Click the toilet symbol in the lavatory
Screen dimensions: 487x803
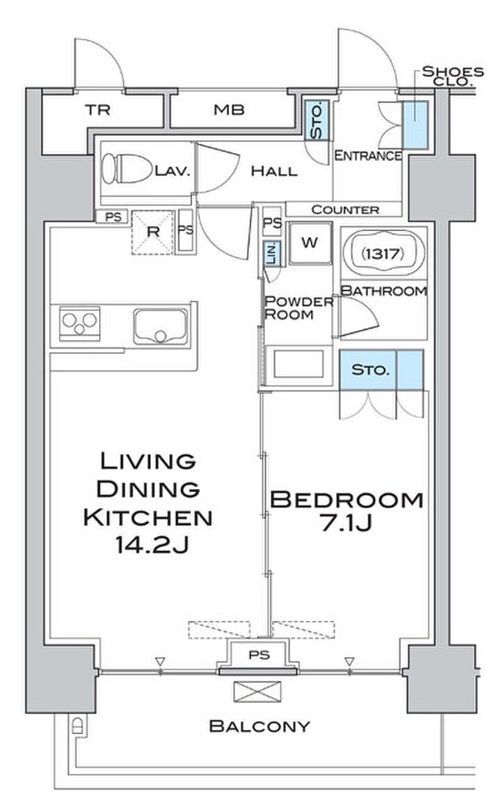pyautogui.click(x=127, y=168)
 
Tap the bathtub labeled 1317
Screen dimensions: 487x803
pyautogui.click(x=383, y=253)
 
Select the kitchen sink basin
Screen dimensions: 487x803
pyautogui.click(x=161, y=326)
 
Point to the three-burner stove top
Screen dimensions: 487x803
pyautogui.click(x=79, y=323)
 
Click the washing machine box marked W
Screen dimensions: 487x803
pyautogui.click(x=310, y=243)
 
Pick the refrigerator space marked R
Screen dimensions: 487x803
pyautogui.click(x=152, y=232)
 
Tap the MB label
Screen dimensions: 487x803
pyautogui.click(x=229, y=109)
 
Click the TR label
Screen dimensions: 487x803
pyautogui.click(x=97, y=109)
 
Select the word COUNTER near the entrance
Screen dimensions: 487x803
pyautogui.click(x=345, y=209)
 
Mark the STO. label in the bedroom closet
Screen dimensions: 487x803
pyautogui.click(x=367, y=369)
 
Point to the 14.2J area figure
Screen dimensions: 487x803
pyautogui.click(x=152, y=546)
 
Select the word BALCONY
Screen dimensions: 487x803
pyautogui.click(x=260, y=726)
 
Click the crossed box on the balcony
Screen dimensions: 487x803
pyautogui.click(x=257, y=692)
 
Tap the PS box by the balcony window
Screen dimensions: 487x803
pyautogui.click(x=259, y=655)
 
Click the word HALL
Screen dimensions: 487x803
pyautogui.click(x=274, y=171)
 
